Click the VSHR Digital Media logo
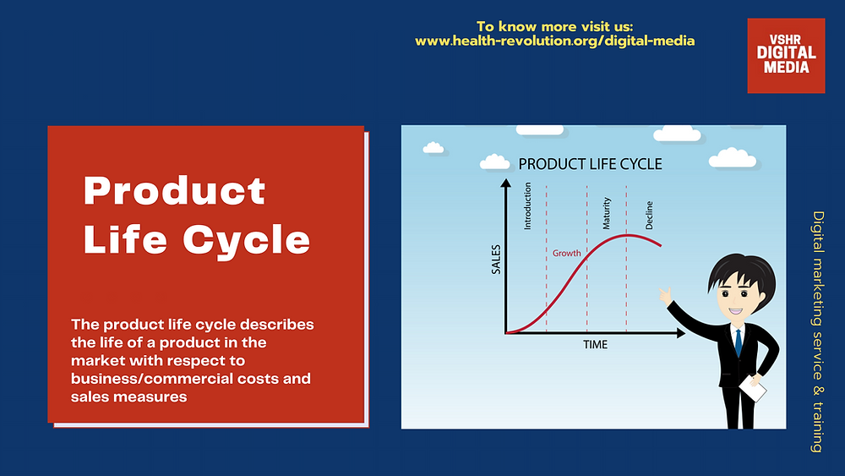click(786, 56)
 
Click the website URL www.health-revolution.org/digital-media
click(554, 41)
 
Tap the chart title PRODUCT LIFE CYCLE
click(590, 164)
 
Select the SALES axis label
click(496, 260)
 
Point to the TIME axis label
click(595, 344)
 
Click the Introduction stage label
click(527, 206)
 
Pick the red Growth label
click(566, 253)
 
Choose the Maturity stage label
click(607, 213)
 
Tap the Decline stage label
click(649, 215)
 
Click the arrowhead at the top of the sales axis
click(505, 183)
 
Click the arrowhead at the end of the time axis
click(680, 334)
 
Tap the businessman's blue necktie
click(739, 343)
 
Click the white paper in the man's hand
click(752, 388)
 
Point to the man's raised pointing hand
click(666, 295)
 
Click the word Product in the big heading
click(175, 191)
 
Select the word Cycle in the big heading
click(246, 240)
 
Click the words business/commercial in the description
click(151, 379)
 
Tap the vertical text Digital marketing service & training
click(818, 331)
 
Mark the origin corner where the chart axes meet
click(505, 334)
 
